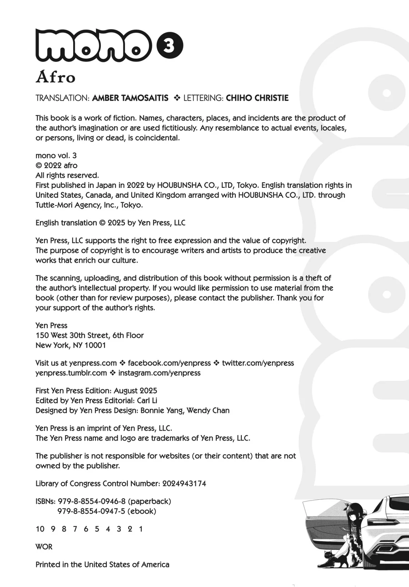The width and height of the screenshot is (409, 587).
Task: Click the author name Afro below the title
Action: [x=55, y=77]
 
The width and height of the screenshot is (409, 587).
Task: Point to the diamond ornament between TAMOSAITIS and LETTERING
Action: [x=177, y=98]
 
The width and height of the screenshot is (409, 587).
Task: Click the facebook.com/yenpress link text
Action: [x=170, y=363]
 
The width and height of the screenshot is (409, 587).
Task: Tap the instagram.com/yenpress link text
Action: [x=159, y=373]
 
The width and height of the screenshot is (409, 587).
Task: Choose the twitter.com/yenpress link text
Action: [x=258, y=363]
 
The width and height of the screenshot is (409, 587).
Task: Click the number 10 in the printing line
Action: [x=40, y=529]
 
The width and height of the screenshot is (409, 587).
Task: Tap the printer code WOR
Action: [x=44, y=547]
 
